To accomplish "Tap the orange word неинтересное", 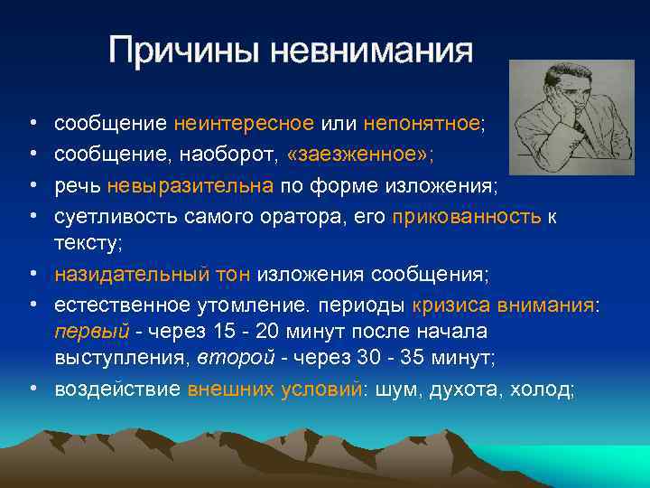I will [244, 123].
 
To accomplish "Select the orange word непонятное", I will [422, 123].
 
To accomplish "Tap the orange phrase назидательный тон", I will [153, 274].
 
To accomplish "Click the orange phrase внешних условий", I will [273, 389].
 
